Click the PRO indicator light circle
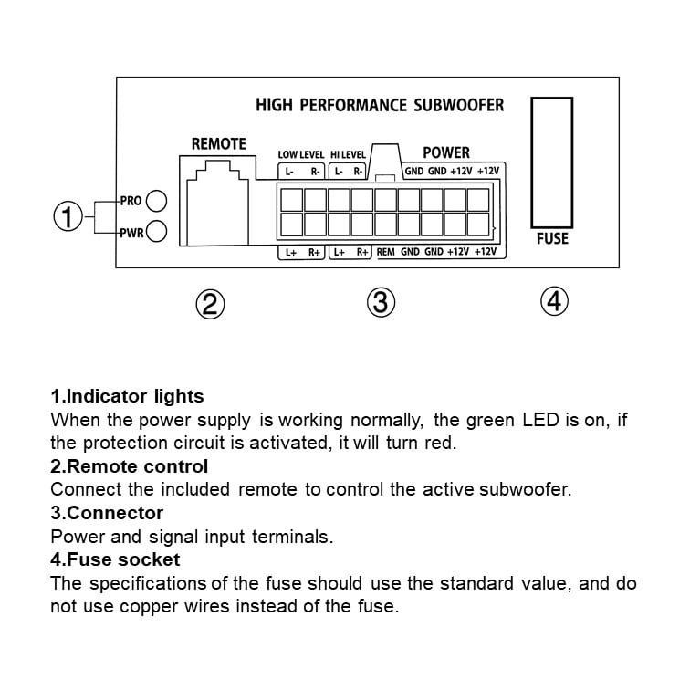(156, 200)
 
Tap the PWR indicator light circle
(156, 233)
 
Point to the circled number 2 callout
(209, 304)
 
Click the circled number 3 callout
(382, 302)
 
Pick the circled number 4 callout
(554, 300)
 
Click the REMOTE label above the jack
(218, 144)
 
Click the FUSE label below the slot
(551, 239)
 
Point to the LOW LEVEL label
(301, 155)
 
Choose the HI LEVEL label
(348, 155)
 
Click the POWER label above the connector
(446, 152)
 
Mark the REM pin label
(385, 252)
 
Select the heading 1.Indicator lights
(127, 397)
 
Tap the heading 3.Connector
(107, 513)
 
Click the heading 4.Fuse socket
(115, 559)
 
